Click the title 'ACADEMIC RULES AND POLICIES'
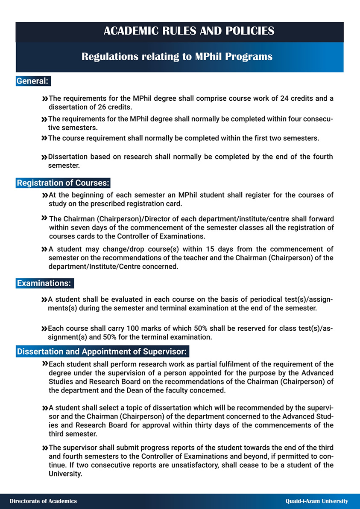pos(189,31)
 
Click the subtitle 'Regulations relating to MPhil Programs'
pos(177,57)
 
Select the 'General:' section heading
pos(33,81)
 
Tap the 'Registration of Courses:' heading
pos(63,183)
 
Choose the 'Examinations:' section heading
pos(44,283)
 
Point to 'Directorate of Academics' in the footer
pos(43,501)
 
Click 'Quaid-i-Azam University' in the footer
pos(317,501)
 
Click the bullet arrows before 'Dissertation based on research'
pos(44,157)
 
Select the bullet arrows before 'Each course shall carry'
pos(44,329)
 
